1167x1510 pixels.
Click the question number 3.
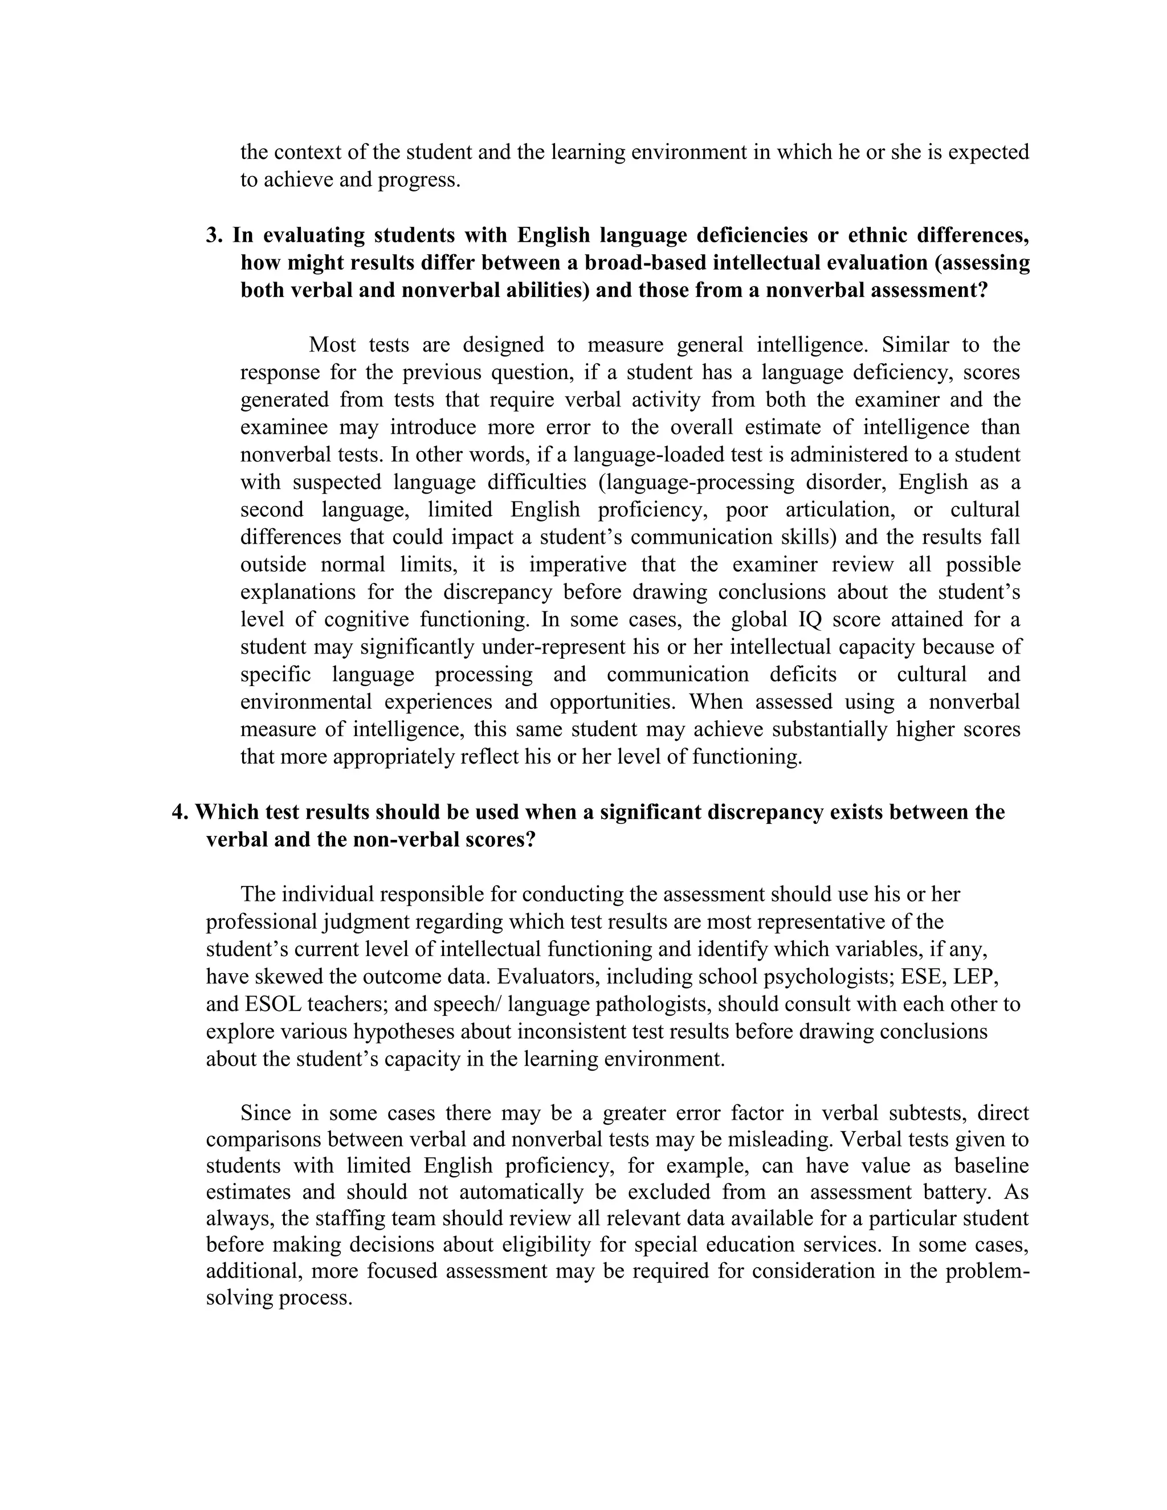[214, 236]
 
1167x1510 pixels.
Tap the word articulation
[837, 509]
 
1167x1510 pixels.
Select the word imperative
[578, 564]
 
